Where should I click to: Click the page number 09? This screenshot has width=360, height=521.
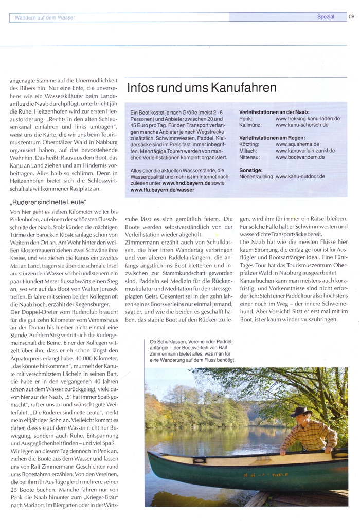click(x=352, y=17)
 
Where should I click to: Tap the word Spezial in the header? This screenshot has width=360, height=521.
click(x=326, y=17)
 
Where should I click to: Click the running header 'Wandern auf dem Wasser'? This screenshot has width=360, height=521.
click(x=45, y=17)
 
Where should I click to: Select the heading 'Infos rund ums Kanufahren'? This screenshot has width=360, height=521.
click(x=202, y=88)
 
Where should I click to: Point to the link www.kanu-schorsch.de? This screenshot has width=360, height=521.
click(x=301, y=125)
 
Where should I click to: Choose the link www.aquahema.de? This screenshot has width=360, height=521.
click(x=297, y=144)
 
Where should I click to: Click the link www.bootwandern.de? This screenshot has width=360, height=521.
click(x=300, y=157)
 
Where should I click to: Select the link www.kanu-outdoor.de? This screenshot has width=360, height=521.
click(x=300, y=176)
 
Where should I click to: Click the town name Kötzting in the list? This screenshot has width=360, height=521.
click(x=249, y=144)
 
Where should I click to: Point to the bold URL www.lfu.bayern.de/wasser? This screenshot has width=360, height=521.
click(x=162, y=189)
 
